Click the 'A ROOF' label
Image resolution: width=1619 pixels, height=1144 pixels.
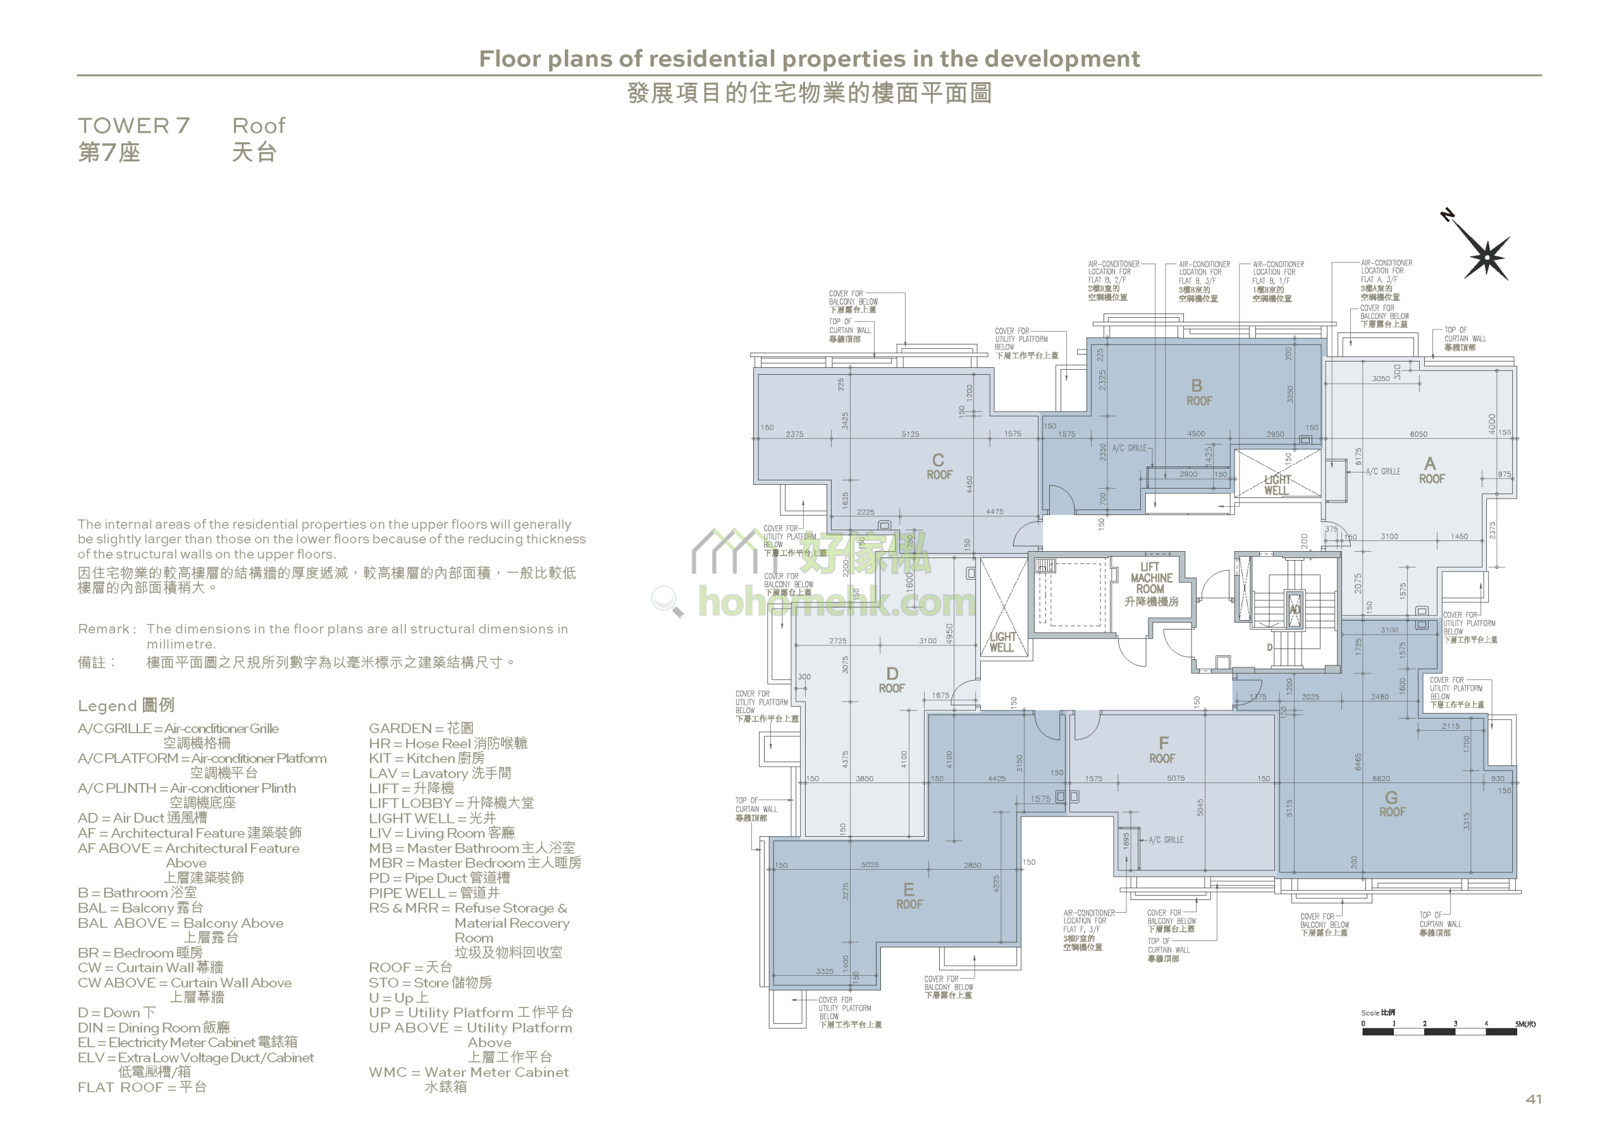click(1431, 471)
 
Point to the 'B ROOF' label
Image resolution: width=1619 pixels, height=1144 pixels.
click(1198, 392)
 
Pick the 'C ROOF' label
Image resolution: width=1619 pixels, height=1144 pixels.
click(939, 466)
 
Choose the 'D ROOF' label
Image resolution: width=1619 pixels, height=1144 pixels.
click(892, 680)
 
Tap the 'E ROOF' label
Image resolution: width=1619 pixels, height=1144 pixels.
click(909, 896)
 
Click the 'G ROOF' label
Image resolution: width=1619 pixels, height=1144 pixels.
click(1392, 804)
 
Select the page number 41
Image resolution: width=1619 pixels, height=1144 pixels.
click(1534, 1099)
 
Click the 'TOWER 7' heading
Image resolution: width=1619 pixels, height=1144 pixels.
click(134, 126)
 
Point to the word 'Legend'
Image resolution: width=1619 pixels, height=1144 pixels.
click(107, 705)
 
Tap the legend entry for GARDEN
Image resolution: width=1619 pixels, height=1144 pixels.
click(421, 728)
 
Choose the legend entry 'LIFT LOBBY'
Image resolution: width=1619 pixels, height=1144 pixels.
click(452, 803)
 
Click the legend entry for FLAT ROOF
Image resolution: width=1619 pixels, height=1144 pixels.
click(142, 1087)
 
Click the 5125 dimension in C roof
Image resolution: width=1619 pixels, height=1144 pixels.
click(910, 434)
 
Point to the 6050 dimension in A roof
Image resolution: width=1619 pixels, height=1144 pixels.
click(1419, 434)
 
